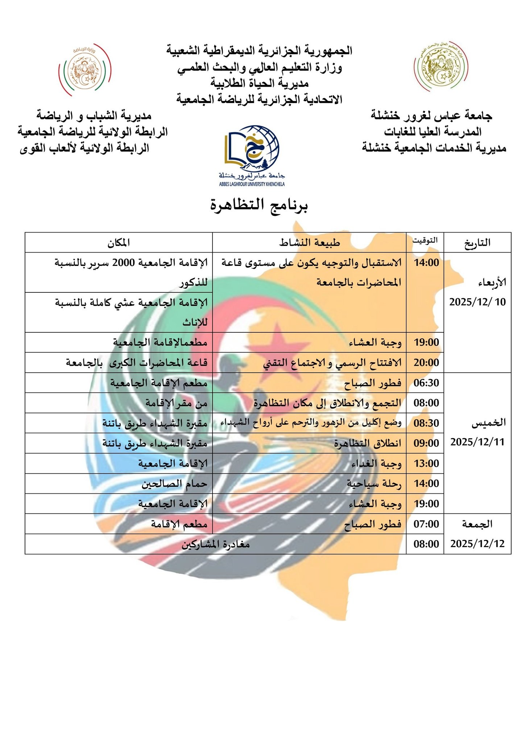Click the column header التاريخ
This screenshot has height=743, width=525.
coord(477,243)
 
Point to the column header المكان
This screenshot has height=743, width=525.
coord(119,243)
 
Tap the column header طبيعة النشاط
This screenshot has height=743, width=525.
coord(309,243)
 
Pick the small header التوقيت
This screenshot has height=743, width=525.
coord(425,240)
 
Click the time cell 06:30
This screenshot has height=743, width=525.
coord(426,383)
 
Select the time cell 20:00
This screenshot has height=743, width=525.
coord(426,363)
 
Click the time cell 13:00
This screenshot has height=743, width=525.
coord(426,464)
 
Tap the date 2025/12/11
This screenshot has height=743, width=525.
coord(477,442)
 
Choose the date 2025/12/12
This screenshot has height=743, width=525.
coord(477,544)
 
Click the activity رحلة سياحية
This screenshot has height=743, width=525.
coord(374,484)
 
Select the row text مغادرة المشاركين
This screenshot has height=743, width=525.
coord(216,544)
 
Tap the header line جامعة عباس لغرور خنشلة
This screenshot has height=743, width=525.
coord(431,116)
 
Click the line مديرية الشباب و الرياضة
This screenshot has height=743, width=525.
coord(94,116)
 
